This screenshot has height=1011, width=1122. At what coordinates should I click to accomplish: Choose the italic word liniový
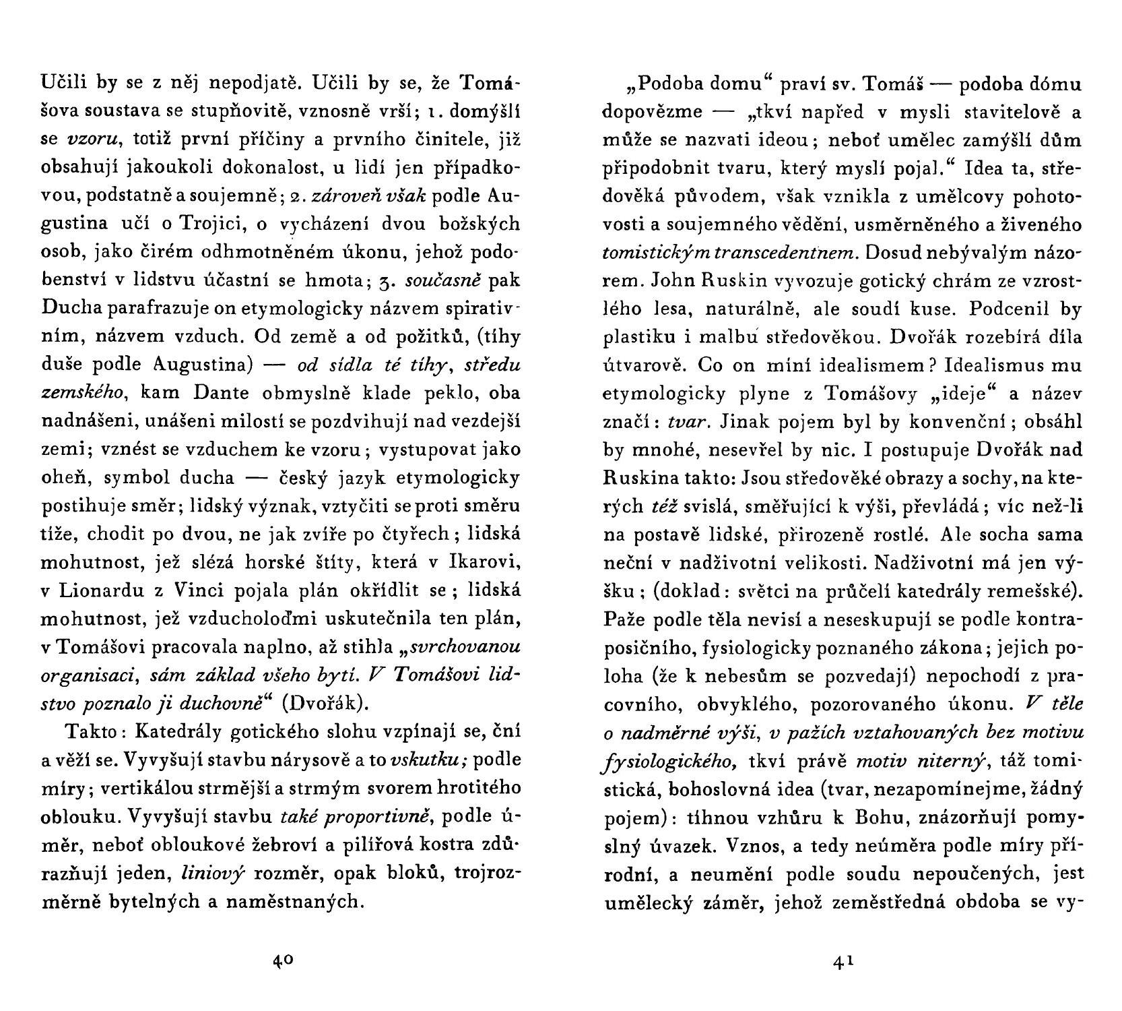click(x=213, y=874)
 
